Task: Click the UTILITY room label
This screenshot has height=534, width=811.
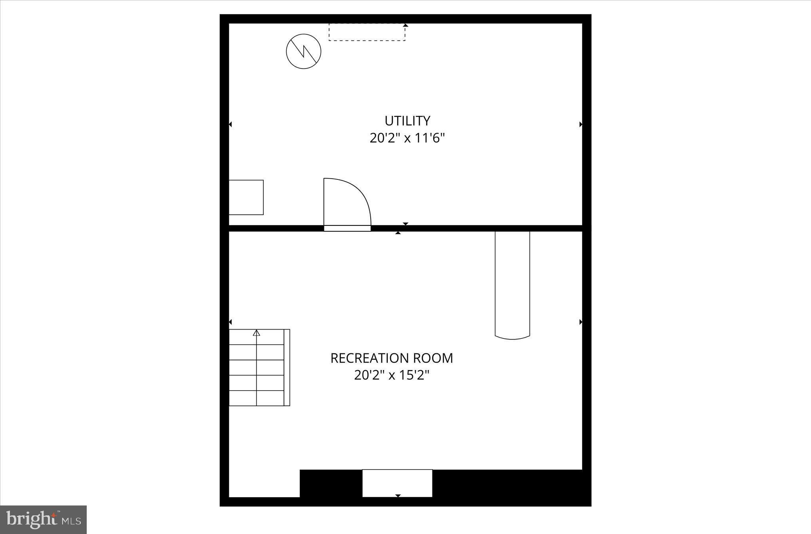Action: tap(407, 120)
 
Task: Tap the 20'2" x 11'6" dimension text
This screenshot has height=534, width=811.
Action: tap(407, 138)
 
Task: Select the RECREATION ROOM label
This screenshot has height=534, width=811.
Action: tap(392, 358)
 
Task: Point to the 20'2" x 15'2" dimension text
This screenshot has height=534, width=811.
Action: tap(392, 375)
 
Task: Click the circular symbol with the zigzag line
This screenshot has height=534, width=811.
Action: tap(303, 51)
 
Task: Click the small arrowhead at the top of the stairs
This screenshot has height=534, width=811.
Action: tap(257, 333)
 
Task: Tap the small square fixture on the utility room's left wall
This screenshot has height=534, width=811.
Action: tap(246, 197)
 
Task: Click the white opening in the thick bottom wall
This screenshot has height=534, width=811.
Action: tap(397, 483)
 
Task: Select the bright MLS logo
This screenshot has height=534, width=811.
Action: tap(43, 520)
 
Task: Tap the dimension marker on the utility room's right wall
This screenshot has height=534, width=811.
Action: tap(581, 124)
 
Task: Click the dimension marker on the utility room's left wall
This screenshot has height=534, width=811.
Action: tap(230, 124)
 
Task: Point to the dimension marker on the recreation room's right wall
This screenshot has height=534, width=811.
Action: tap(581, 322)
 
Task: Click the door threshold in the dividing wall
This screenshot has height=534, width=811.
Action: tap(347, 228)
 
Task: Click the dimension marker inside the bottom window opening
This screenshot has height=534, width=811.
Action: tap(398, 496)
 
